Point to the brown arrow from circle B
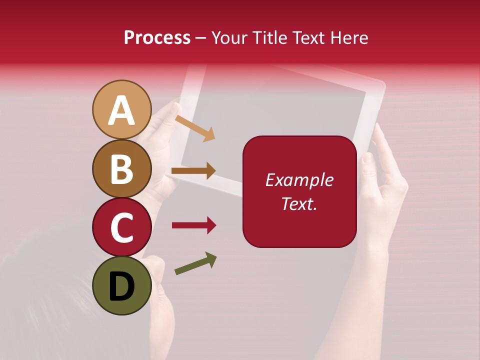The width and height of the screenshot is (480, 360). pyautogui.click(x=193, y=171)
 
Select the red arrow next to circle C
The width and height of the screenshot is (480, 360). pyautogui.click(x=193, y=225)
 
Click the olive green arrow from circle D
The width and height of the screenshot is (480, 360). pyautogui.click(x=195, y=263)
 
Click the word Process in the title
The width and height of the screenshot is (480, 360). pyautogui.click(x=157, y=38)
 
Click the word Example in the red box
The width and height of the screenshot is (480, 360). pyautogui.click(x=299, y=180)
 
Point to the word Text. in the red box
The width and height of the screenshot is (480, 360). pyautogui.click(x=299, y=203)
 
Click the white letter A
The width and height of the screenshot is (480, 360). pyautogui.click(x=121, y=111)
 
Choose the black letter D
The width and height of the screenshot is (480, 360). pyautogui.click(x=121, y=287)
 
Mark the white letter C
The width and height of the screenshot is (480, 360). pyautogui.click(x=121, y=228)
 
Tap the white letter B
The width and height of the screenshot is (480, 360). pyautogui.click(x=121, y=169)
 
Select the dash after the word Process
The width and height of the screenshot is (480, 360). pyautogui.click(x=201, y=38)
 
